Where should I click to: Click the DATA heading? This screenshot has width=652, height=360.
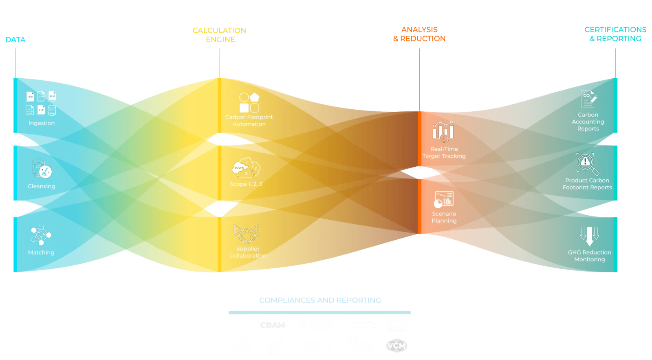15,40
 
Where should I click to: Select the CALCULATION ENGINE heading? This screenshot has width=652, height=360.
220,35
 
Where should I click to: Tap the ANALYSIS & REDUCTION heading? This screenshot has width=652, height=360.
419,34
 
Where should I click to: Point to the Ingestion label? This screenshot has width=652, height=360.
42,123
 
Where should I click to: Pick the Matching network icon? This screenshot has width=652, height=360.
41,235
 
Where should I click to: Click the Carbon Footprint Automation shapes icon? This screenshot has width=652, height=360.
249,102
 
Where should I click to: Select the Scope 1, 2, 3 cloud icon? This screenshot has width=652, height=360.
246,168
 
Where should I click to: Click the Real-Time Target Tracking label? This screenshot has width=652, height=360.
444,152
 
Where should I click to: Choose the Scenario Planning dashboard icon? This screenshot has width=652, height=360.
444,199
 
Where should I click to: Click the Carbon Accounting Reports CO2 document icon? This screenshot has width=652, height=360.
588,99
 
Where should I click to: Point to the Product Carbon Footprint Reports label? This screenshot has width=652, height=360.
587,184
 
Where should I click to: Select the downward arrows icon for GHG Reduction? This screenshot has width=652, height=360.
589,236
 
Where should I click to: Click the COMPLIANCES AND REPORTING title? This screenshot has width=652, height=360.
320,300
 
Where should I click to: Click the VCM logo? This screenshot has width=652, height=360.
396,346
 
